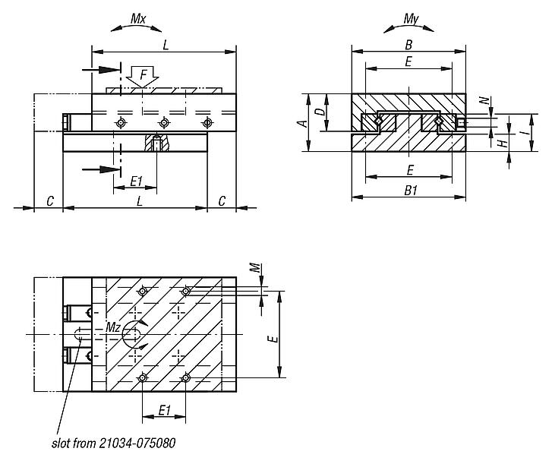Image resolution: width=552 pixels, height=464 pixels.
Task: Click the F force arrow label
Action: click(x=142, y=74)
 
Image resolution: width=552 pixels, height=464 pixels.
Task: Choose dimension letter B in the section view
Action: click(x=408, y=43)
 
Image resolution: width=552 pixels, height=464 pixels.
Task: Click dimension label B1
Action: click(x=410, y=191)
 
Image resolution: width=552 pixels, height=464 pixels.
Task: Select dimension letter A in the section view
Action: click(x=301, y=123)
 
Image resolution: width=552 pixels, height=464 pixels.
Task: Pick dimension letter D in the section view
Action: click(x=320, y=112)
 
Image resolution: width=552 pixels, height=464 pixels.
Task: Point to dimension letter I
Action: click(x=524, y=133)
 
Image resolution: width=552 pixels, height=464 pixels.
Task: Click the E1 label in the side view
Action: click(x=137, y=181)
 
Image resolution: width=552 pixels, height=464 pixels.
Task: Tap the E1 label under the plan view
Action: click(x=163, y=411)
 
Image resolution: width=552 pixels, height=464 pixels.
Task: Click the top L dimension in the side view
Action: click(x=166, y=45)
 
